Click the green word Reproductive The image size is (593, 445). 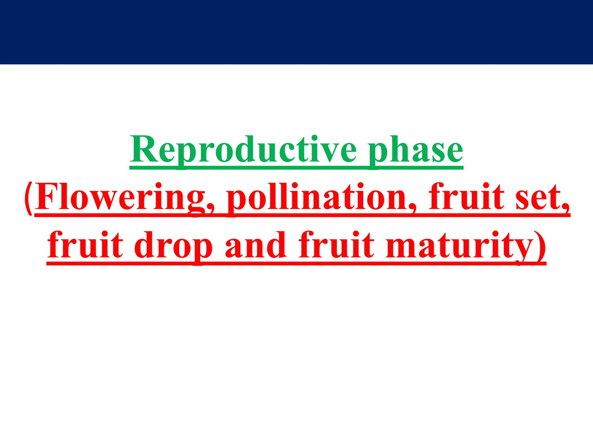tap(243, 150)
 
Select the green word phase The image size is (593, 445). tap(416, 150)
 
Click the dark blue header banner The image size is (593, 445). tap(296, 32)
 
